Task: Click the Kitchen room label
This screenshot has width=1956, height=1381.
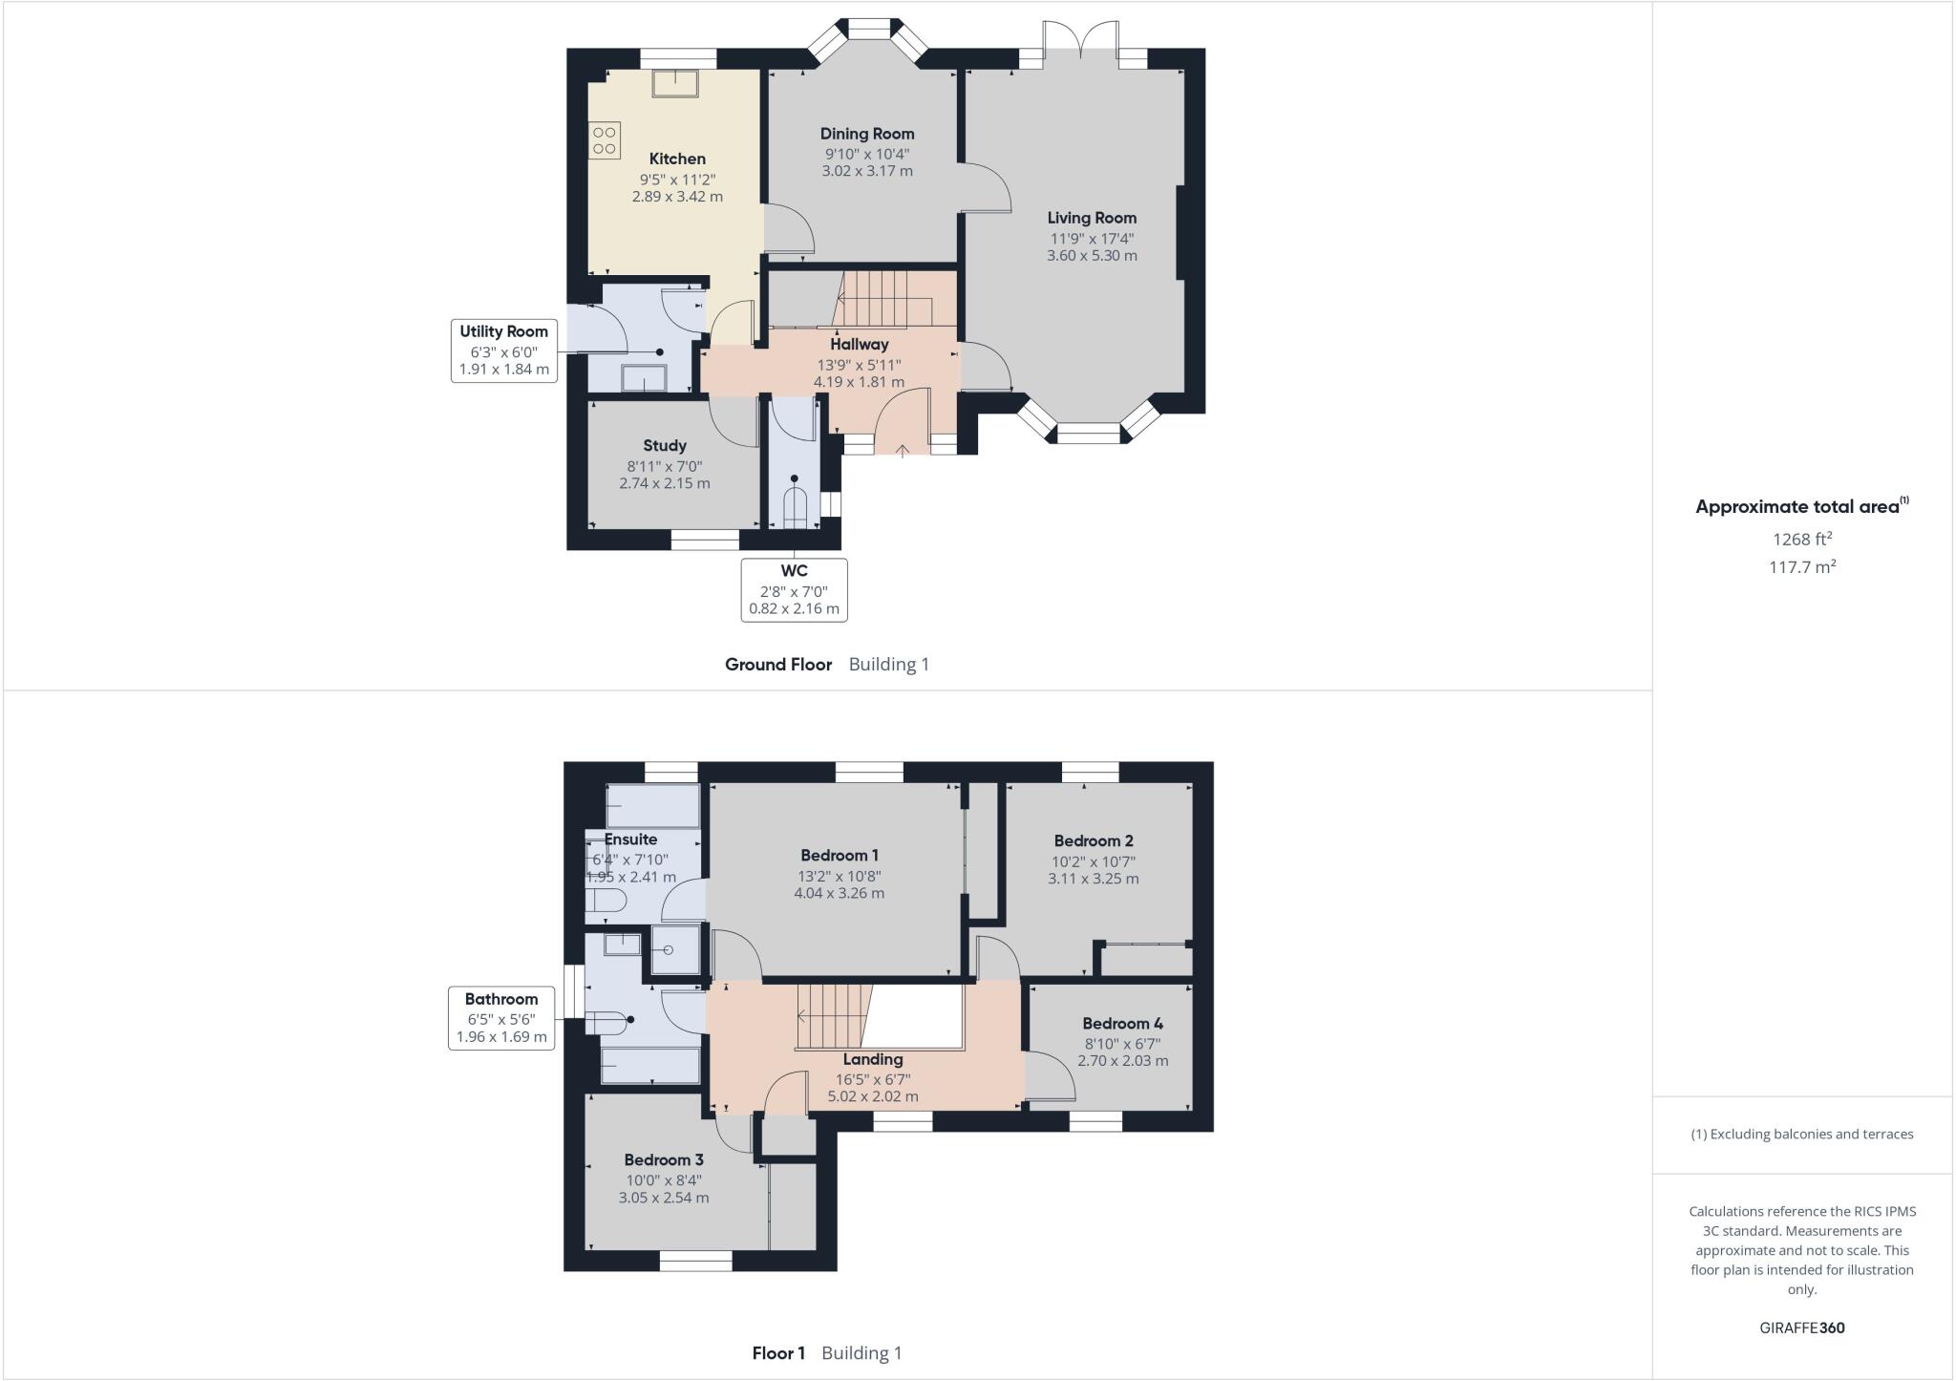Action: coord(677,159)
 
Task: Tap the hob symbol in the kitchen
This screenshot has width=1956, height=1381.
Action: coord(604,140)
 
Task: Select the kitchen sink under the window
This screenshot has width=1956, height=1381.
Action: coord(676,83)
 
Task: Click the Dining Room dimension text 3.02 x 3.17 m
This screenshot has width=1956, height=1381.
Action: coord(867,171)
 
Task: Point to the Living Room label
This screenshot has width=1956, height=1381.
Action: coord(1092,218)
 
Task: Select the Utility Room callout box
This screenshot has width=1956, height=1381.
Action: coord(503,351)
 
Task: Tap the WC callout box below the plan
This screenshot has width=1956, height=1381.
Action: coord(794,589)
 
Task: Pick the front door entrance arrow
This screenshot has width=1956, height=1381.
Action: coord(904,449)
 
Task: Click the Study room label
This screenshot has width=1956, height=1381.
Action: coord(665,445)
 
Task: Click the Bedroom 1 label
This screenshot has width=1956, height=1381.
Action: coord(840,855)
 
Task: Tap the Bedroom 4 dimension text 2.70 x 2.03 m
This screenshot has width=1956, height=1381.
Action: coord(1122,1060)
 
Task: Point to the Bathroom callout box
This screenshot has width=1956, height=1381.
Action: coord(501,1018)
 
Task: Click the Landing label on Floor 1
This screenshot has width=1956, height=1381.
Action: coord(872,1059)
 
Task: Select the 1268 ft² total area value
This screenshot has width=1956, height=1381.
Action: coord(1801,540)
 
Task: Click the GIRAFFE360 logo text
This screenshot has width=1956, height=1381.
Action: coord(1801,1328)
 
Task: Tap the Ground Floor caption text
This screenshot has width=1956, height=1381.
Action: coord(778,665)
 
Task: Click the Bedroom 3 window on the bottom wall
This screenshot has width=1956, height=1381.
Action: coord(695,1262)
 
